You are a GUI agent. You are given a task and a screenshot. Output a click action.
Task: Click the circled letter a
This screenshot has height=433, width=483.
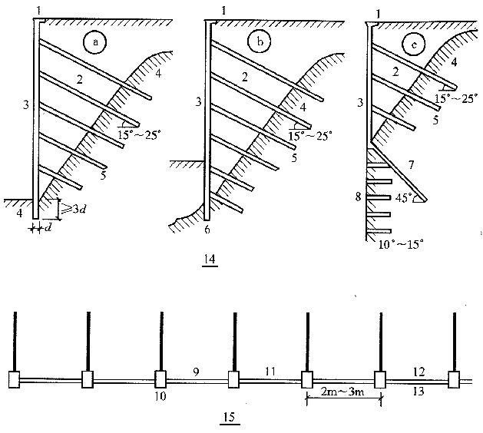pos(94,44)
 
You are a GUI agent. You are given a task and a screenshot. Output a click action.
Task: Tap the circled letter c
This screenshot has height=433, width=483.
pos(415,44)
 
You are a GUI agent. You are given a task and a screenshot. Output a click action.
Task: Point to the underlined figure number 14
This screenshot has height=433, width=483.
pos(210,258)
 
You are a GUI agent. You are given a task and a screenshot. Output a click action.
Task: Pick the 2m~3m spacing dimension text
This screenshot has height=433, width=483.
pos(341,397)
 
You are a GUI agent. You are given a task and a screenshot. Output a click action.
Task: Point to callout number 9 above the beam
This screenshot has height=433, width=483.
pos(196,370)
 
